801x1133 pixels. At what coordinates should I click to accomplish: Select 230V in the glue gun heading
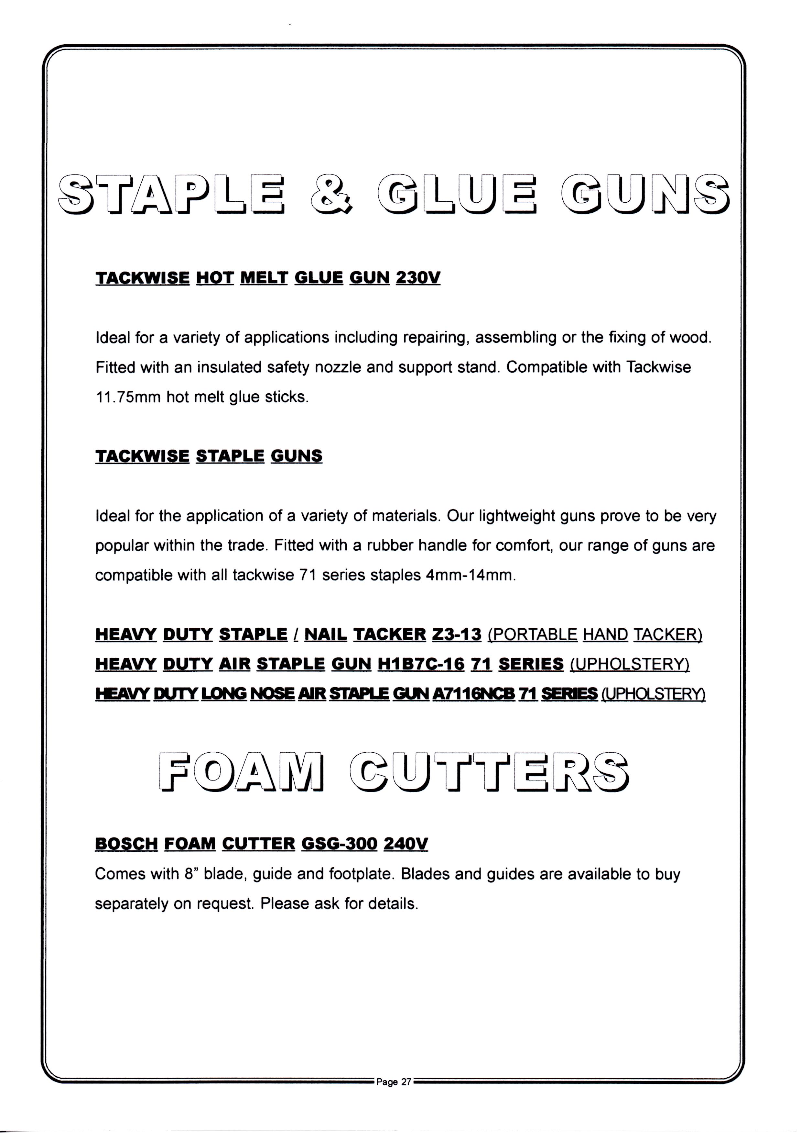click(418, 278)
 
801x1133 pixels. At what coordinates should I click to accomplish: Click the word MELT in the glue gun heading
click(264, 278)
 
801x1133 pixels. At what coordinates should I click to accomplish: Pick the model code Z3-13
click(456, 634)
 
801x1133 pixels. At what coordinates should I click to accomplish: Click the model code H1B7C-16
click(421, 664)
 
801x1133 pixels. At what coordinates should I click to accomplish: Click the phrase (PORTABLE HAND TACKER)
click(595, 634)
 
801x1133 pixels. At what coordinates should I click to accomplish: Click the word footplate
click(361, 874)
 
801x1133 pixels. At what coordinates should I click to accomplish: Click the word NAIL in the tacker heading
click(326, 634)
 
